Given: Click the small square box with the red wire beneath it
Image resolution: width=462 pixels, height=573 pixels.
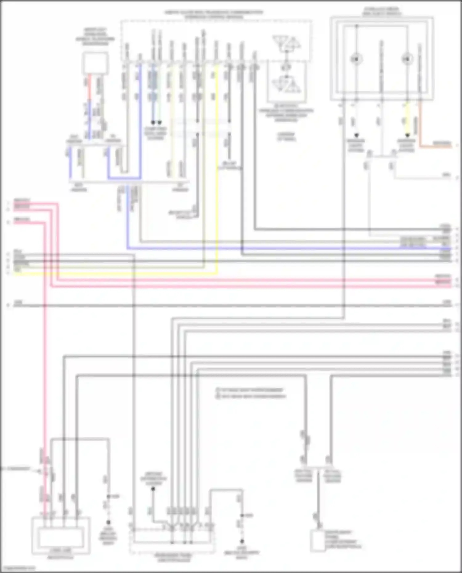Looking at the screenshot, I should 95,63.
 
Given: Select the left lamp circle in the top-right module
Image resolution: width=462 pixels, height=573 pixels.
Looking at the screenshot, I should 356,59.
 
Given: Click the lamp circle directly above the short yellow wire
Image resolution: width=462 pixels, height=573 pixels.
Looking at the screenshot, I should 407,59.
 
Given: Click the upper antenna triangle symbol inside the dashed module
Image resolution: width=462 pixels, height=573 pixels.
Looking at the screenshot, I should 286,43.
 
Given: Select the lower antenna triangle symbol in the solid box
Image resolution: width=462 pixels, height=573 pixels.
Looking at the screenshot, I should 286,84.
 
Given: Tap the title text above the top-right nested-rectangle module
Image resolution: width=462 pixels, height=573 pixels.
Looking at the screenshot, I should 382,12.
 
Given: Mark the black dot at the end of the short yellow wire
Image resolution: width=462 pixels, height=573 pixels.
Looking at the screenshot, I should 407,135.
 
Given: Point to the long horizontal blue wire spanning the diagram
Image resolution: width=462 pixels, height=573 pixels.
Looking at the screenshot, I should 277,248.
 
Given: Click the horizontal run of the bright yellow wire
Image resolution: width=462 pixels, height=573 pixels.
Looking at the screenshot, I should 123,273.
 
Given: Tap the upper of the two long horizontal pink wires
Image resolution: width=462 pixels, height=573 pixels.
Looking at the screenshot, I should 246,280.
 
